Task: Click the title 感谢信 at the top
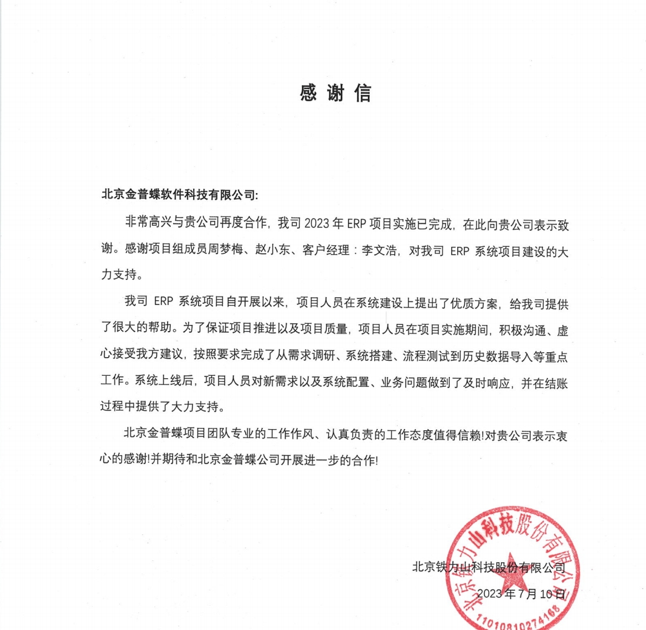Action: (335, 93)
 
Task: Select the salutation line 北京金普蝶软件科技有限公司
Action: (179, 195)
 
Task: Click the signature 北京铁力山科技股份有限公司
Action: (489, 568)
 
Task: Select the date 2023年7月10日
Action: (521, 593)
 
